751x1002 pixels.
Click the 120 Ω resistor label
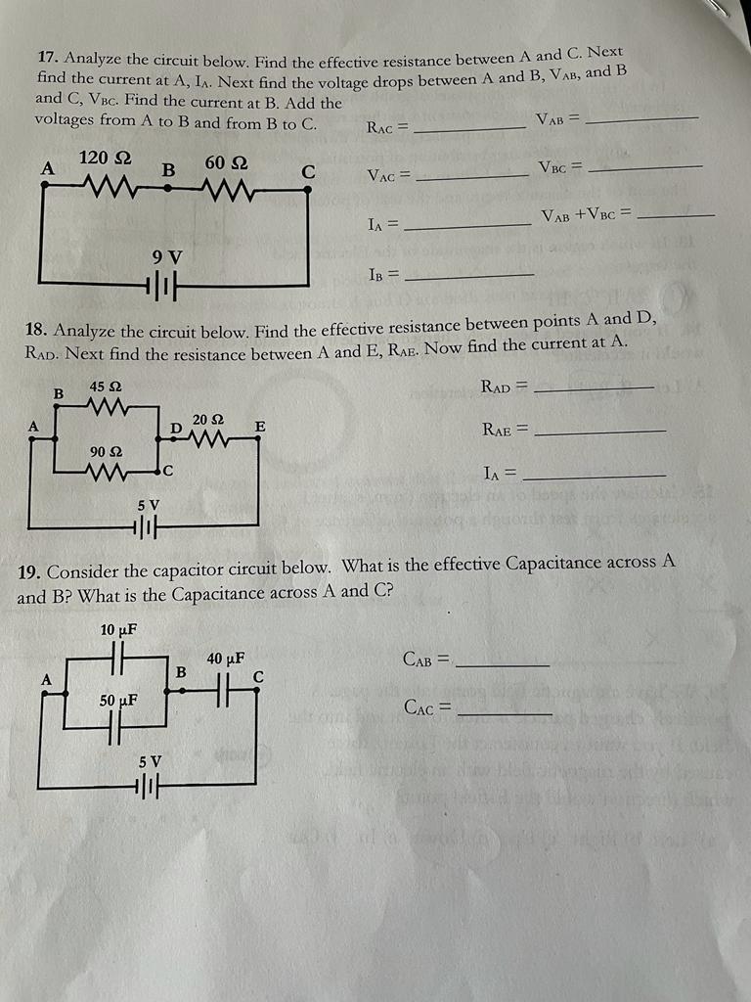[106, 158]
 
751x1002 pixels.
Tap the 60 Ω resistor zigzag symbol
[226, 186]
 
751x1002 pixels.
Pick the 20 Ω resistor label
[208, 420]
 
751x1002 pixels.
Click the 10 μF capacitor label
[117, 629]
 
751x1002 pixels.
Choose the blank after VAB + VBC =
[682, 215]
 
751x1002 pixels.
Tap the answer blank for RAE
[601, 432]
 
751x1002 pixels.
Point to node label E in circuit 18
[259, 426]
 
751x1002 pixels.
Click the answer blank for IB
[469, 277]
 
